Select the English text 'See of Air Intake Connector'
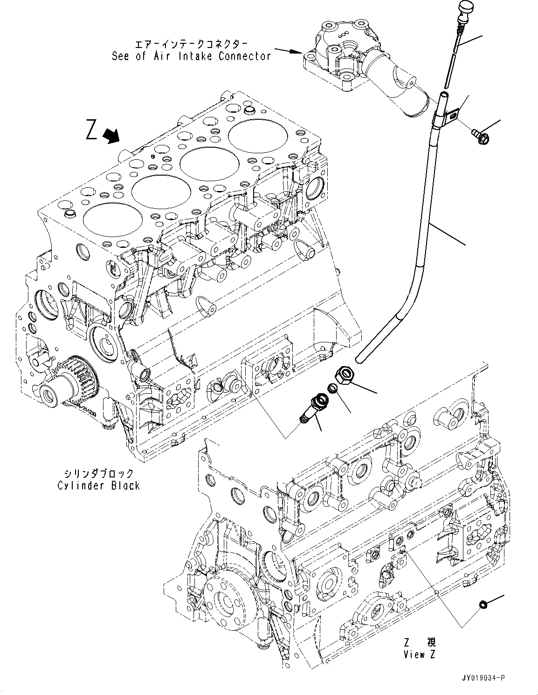click(191, 56)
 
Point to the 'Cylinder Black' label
click(98, 485)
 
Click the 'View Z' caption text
click(420, 654)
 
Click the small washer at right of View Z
click(483, 604)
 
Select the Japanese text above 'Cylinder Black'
click(98, 473)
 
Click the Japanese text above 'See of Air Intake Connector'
click(191, 44)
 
